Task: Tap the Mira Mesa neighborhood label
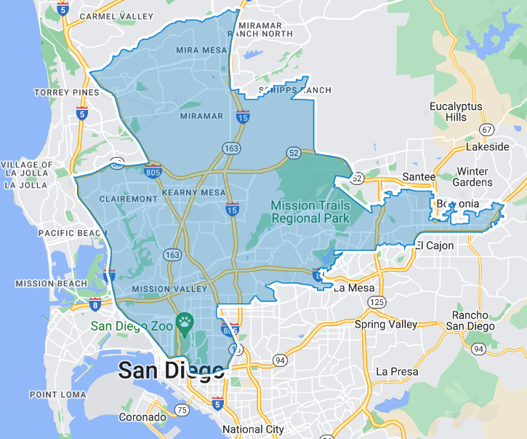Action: click(201, 50)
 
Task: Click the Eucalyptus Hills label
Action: click(456, 111)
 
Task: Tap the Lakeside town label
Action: click(487, 146)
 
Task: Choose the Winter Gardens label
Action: click(472, 177)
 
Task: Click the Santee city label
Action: click(419, 177)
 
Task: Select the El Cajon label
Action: click(435, 245)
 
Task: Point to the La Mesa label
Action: click(354, 288)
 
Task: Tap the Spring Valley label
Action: click(386, 324)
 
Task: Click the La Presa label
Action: click(397, 371)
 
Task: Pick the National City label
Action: click(253, 430)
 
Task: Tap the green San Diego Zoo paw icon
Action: click(186, 320)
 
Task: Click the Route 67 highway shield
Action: click(486, 129)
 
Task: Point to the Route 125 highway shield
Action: click(377, 301)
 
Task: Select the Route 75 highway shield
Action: click(182, 411)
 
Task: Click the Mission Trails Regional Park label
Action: click(310, 211)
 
